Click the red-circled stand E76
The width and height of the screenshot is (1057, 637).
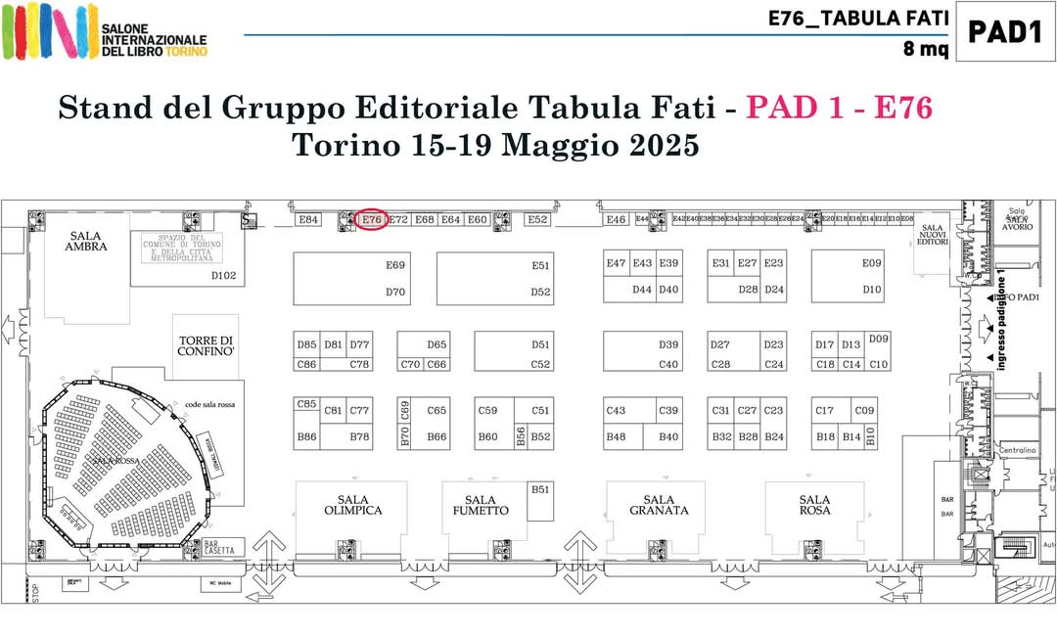pos(371,220)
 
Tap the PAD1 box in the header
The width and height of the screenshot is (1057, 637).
pos(1004,32)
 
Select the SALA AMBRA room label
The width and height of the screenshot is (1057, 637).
pos(86,241)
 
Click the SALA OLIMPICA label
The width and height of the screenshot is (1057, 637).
pos(352,505)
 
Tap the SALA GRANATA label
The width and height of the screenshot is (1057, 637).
pos(659,505)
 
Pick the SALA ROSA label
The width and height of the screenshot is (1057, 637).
pos(814,505)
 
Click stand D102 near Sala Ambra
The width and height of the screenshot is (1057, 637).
pos(224,276)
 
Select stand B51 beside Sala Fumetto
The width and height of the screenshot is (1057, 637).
pos(540,489)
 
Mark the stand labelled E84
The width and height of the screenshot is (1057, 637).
pos(309,220)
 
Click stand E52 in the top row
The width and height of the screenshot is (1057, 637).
pos(537,220)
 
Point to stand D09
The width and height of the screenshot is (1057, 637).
pos(878,339)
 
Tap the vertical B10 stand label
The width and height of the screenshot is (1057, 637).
pos(871,436)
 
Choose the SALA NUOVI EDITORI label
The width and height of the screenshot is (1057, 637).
pos(933,235)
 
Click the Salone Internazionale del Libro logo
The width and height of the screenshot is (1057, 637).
pos(105,31)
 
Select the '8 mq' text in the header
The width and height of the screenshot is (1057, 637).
pos(925,49)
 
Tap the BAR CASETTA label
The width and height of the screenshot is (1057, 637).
pos(219,548)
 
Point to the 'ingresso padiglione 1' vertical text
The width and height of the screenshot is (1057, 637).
pos(1001,322)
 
